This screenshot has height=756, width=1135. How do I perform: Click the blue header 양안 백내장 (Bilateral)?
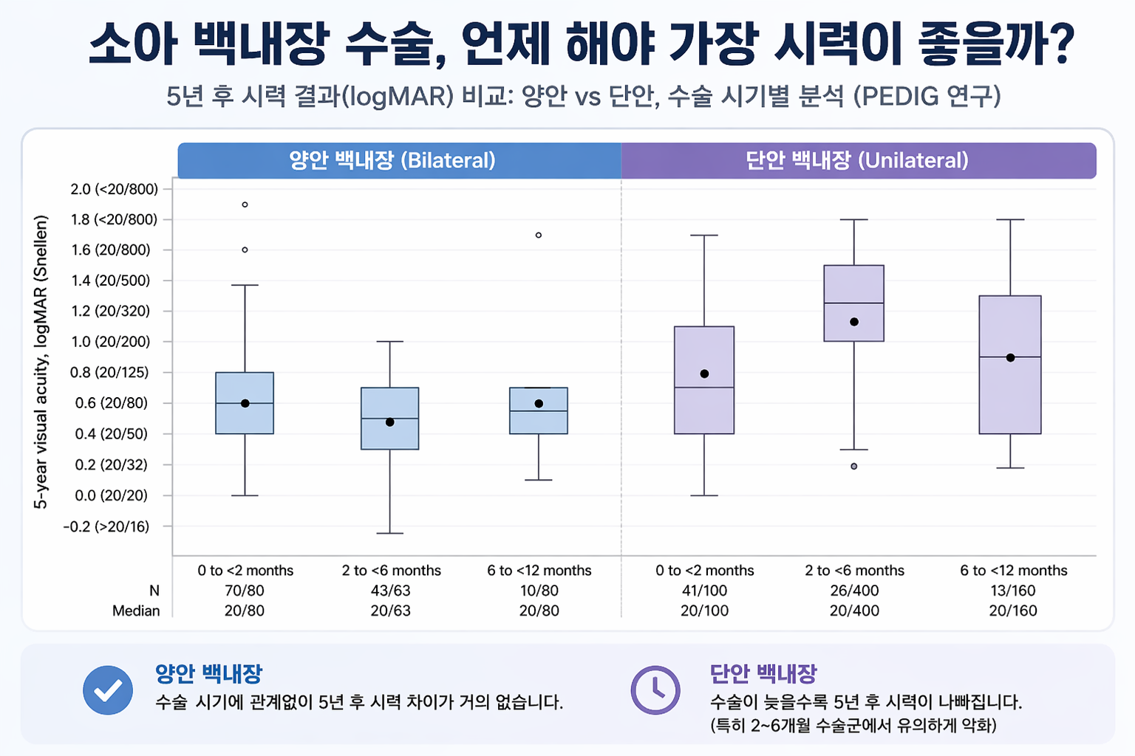(x=399, y=160)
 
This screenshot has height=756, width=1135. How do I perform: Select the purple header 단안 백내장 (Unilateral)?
(x=859, y=160)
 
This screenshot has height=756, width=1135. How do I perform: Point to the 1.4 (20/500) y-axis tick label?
(x=110, y=281)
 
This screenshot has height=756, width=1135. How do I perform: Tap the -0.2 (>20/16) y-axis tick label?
(x=106, y=526)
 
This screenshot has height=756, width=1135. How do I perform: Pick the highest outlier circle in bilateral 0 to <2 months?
(x=245, y=205)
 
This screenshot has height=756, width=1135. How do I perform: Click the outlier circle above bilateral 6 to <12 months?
(x=539, y=235)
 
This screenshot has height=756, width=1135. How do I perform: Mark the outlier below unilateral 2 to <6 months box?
(x=853, y=467)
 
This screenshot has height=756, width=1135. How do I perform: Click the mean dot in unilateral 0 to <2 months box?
(x=704, y=374)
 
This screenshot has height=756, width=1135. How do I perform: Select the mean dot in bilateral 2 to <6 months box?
(x=389, y=422)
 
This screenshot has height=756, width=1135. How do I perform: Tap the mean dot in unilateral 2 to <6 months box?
(x=853, y=322)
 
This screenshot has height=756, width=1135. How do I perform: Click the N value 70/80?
(x=245, y=591)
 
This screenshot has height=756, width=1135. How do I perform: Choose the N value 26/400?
(x=854, y=591)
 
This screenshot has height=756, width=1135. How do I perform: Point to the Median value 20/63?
(x=390, y=611)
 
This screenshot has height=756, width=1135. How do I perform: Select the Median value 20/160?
(x=1013, y=611)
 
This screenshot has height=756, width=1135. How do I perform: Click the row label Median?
(x=136, y=611)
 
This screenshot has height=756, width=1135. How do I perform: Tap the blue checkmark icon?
(x=108, y=690)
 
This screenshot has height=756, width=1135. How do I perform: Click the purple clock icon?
(x=655, y=690)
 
